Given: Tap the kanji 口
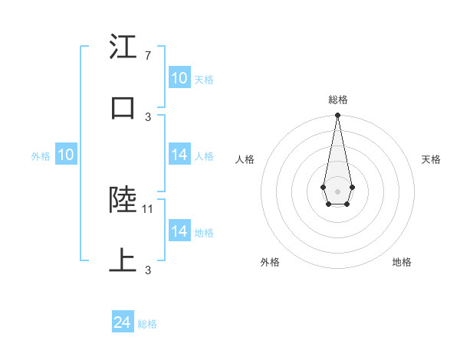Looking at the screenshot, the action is coord(122,106).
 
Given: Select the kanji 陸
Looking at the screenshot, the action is coord(122,201).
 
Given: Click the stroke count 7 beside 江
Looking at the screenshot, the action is coord(147,56).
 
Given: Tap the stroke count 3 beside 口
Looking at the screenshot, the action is coord(148,116).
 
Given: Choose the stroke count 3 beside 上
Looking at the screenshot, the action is coord(148,270).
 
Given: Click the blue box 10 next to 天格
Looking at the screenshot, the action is coord(179,78).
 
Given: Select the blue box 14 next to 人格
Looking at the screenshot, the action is coord(179,155).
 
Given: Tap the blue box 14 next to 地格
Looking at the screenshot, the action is coord(179,231).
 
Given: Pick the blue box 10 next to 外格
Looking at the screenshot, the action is coord(66,155).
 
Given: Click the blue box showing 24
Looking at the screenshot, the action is coord(123,323).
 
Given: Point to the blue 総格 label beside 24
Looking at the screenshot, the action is coord(147,324).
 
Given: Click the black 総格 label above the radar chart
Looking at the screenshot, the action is coord(337,100).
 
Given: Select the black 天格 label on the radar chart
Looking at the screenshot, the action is coord(431,159).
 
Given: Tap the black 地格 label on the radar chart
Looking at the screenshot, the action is coord(402,262).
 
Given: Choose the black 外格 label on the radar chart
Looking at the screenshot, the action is coord(270,262).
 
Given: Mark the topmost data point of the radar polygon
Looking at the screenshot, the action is coord(337,116).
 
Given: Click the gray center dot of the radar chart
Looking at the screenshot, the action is coord(337,190).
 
